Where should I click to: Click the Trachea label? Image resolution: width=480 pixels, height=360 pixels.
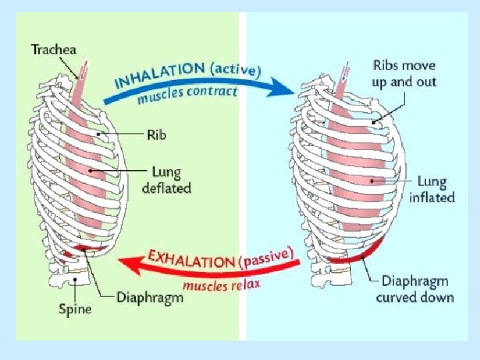(x=55, y=49)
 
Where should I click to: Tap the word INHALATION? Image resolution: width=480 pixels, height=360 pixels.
(x=159, y=75)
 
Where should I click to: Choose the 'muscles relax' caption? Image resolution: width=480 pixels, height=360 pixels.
(x=221, y=285)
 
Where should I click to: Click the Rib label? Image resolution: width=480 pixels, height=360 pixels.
(x=155, y=134)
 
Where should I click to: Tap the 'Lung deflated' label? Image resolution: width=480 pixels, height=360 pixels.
(x=166, y=180)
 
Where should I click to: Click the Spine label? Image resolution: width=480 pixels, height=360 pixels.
(x=75, y=308)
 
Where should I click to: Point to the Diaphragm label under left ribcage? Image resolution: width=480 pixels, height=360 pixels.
(x=149, y=297)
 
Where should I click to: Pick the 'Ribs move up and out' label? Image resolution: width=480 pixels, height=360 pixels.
(x=404, y=73)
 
